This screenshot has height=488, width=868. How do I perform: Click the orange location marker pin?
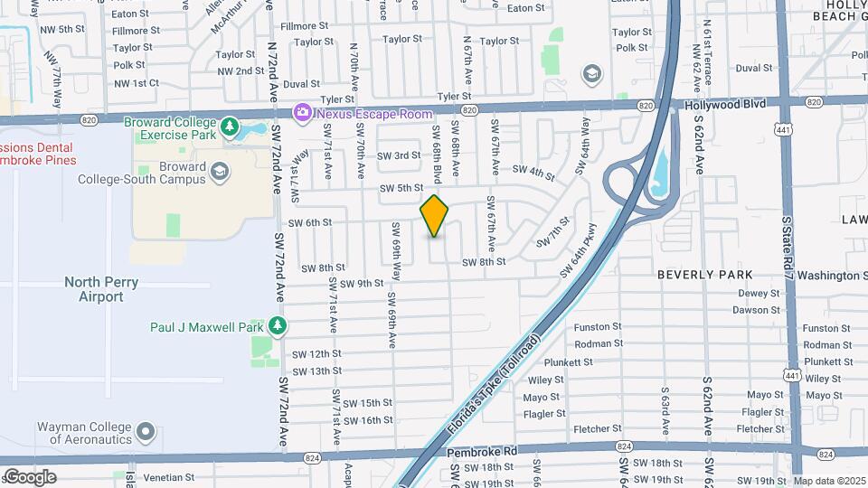point(434,216)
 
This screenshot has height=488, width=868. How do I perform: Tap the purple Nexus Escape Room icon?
point(302,112)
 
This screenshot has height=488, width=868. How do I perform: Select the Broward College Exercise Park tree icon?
point(230,125)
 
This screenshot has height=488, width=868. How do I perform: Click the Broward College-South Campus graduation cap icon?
point(218,171)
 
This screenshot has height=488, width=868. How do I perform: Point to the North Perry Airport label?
point(101,289)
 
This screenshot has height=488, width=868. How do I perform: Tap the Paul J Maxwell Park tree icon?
point(280,325)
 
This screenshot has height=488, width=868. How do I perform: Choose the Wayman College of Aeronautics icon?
point(146,432)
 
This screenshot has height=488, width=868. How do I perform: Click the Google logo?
point(30,476)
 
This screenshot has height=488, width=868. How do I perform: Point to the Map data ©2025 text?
point(829,481)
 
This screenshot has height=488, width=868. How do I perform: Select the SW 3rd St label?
point(399,155)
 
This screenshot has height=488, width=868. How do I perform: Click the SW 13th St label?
point(317,371)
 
